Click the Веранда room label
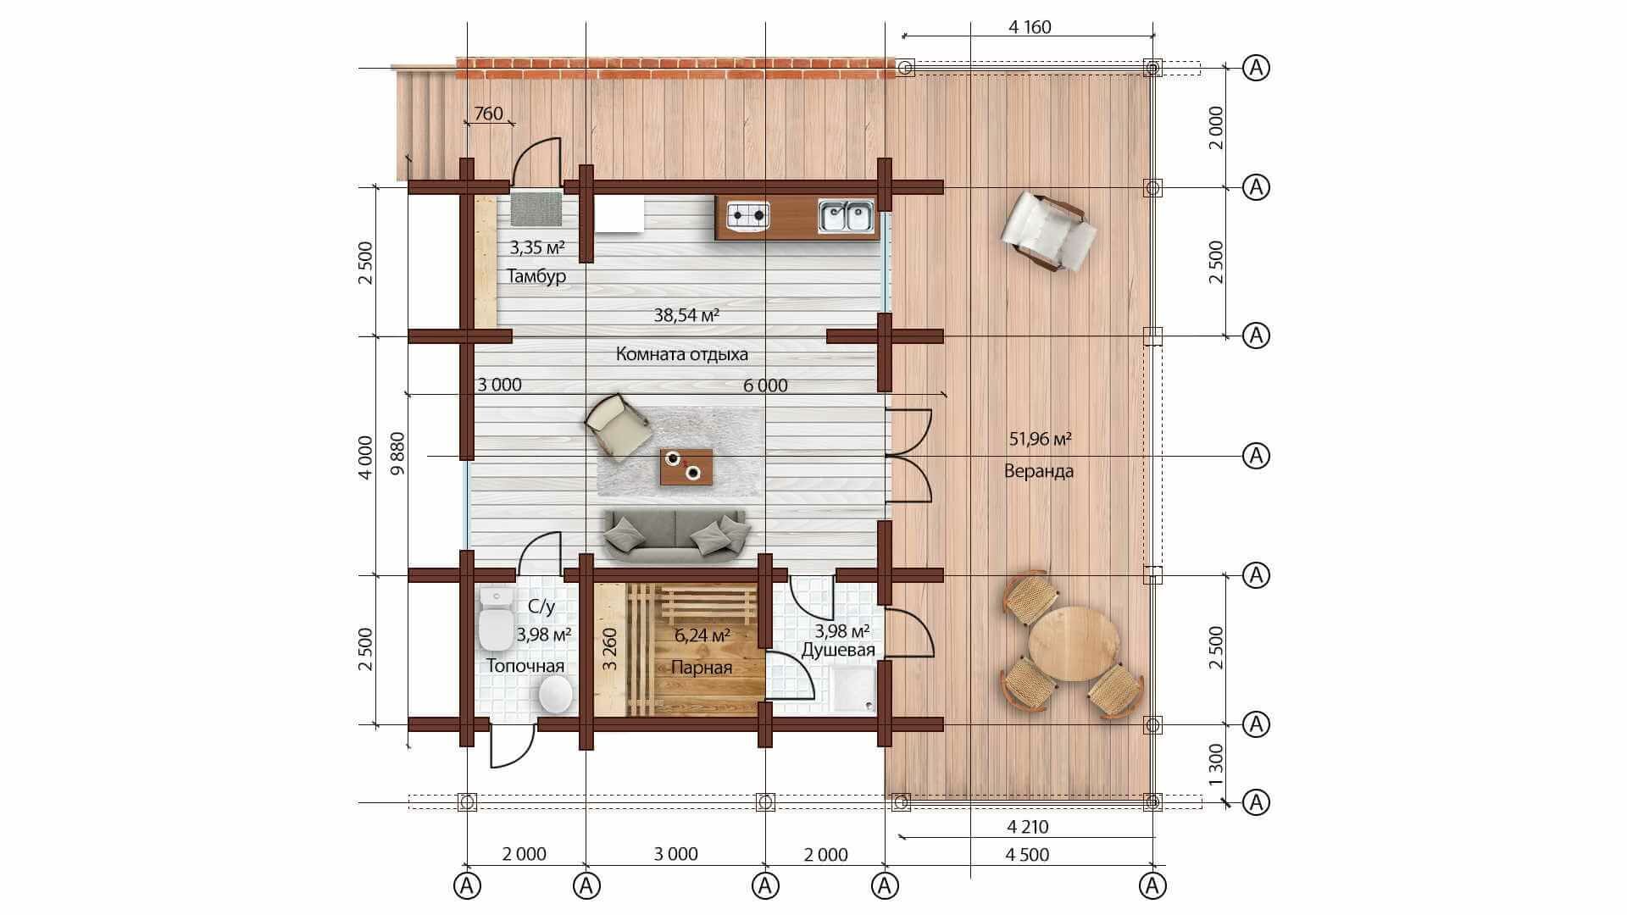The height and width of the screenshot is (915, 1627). click(x=1039, y=471)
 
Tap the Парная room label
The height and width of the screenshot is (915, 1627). click(x=702, y=668)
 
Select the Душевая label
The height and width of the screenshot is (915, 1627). click(x=838, y=650)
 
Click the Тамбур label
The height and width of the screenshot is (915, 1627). click(x=536, y=276)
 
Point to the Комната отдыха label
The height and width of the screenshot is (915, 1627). click(x=682, y=354)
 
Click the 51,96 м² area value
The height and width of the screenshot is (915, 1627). click(x=1041, y=439)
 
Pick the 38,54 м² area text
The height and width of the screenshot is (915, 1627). click(x=687, y=315)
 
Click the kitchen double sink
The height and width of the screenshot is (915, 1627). click(x=846, y=215)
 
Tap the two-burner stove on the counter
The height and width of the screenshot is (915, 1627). click(x=748, y=215)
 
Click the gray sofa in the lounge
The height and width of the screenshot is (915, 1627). click(x=676, y=537)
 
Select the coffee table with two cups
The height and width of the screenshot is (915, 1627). click(x=686, y=467)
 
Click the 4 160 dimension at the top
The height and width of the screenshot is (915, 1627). click(x=1030, y=27)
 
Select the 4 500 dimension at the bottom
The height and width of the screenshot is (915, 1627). click(x=1027, y=855)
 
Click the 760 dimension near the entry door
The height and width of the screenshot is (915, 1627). click(x=488, y=114)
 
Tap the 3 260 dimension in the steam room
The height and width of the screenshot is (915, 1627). click(x=609, y=649)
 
